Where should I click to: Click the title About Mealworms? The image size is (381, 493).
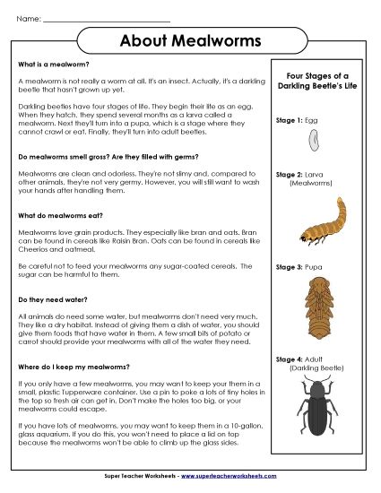click(x=190, y=42)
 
